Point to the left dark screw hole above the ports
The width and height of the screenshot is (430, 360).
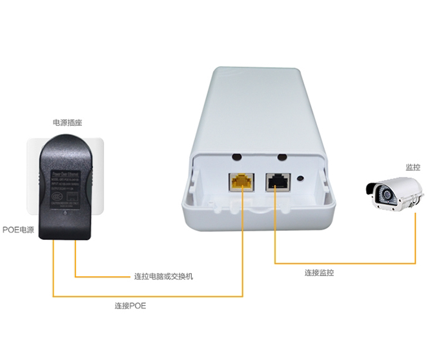237,156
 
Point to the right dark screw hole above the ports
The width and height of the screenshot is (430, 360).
281,156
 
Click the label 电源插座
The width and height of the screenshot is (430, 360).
67,122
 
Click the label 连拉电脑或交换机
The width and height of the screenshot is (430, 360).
163,277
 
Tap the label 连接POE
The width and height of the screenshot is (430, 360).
130,306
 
